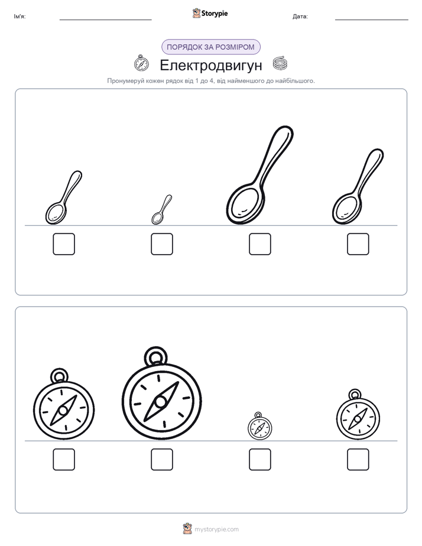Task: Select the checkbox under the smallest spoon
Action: tap(162, 244)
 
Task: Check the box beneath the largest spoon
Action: tap(260, 244)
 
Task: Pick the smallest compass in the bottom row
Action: tap(259, 426)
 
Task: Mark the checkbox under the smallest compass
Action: tap(260, 459)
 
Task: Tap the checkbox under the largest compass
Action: tap(162, 459)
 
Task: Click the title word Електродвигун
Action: tap(210, 65)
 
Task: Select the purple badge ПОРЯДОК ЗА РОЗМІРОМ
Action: tap(211, 47)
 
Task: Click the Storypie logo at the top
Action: tap(210, 13)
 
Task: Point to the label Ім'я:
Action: tap(20, 17)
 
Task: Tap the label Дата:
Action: tap(300, 17)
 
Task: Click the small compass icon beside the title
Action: tap(141, 63)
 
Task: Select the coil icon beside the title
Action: tap(280, 63)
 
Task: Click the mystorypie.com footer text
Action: tap(216, 529)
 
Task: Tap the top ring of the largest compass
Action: tap(155, 356)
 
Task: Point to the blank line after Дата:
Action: tap(372, 20)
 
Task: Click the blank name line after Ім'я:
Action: tap(105, 20)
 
